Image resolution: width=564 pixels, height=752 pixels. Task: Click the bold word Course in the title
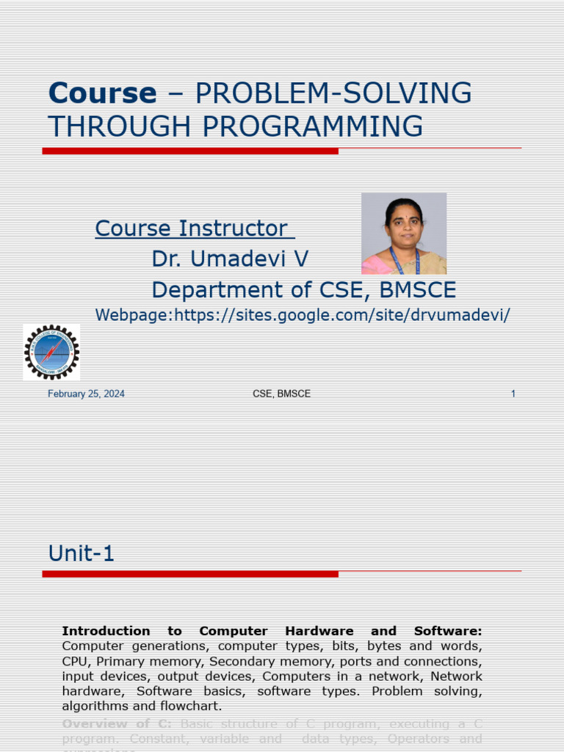(102, 93)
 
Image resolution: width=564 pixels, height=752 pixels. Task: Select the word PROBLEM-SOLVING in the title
(334, 93)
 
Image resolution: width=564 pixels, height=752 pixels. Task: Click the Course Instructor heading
(194, 228)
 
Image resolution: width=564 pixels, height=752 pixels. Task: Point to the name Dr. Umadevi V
(230, 258)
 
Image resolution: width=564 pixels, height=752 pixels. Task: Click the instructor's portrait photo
(404, 234)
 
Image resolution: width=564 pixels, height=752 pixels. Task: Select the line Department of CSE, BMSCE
(303, 290)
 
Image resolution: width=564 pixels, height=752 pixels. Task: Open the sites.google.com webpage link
(303, 315)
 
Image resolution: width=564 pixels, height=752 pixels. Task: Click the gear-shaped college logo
(51, 352)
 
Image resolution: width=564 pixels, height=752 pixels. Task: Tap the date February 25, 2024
(86, 394)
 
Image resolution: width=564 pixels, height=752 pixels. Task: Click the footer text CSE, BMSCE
(281, 394)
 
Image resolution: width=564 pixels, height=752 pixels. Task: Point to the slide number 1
(513, 394)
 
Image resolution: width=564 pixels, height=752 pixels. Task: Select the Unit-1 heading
(82, 553)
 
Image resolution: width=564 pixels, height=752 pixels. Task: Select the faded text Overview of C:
(117, 724)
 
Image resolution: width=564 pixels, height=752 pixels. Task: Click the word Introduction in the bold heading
(106, 631)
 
